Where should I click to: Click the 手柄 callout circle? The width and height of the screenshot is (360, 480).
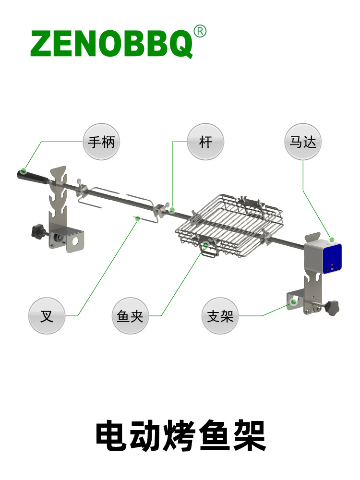(x=101, y=142)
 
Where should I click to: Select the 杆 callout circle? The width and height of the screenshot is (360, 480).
(x=205, y=142)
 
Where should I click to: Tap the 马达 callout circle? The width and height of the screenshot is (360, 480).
(x=303, y=142)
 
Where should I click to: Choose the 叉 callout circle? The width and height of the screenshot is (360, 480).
(x=47, y=316)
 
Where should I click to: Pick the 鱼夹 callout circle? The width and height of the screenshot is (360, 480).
(x=130, y=316)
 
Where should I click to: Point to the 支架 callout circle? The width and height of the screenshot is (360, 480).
(x=220, y=316)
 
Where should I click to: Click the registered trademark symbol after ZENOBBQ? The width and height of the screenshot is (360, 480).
(x=200, y=31)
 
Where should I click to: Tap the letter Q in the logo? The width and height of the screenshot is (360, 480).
(x=181, y=44)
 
